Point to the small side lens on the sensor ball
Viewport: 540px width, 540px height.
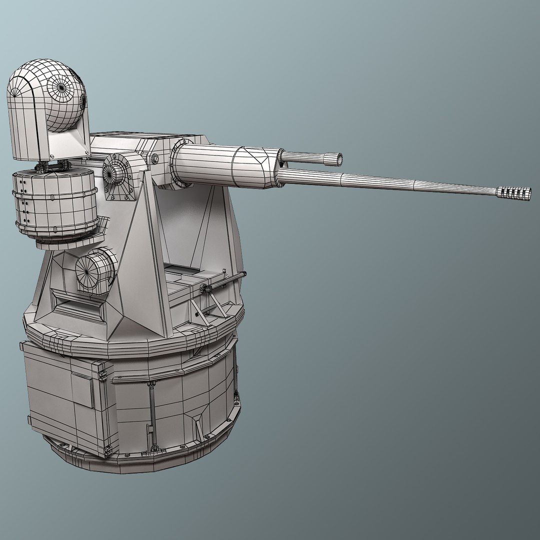pos(82,102)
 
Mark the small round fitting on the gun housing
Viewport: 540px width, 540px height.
pos(155,159)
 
